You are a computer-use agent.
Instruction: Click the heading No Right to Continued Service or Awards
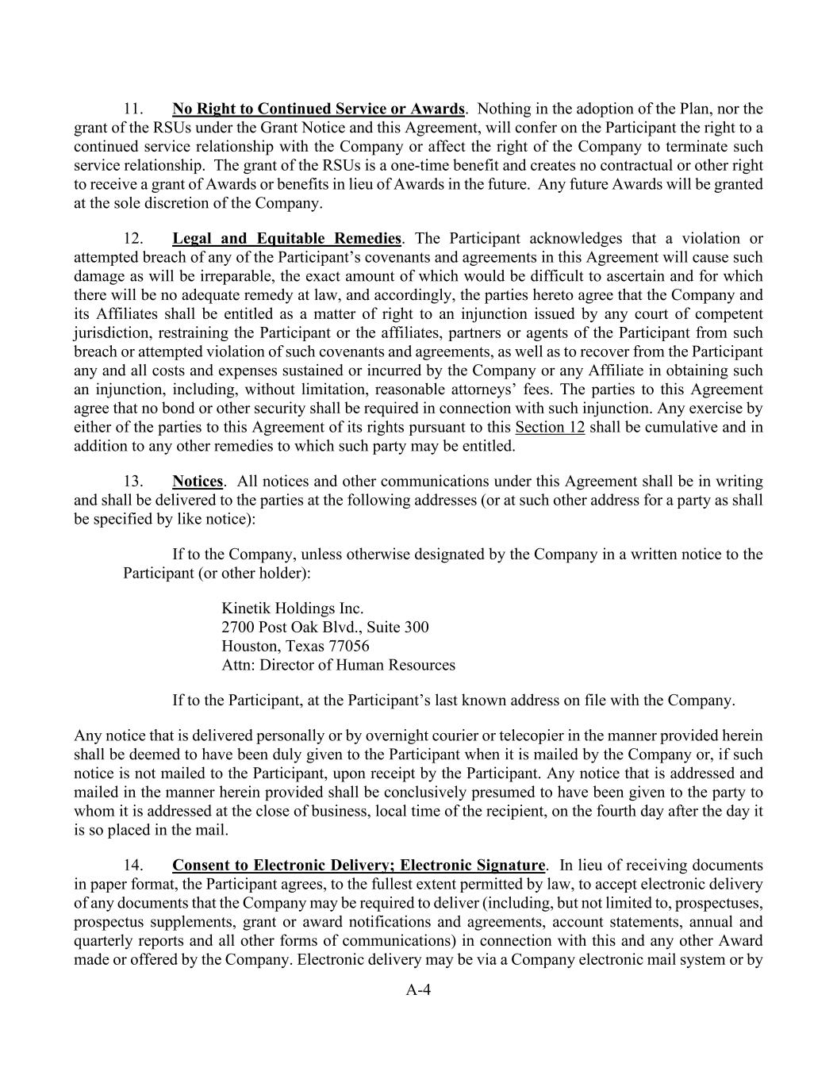(x=318, y=109)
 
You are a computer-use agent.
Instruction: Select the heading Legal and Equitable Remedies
(x=286, y=239)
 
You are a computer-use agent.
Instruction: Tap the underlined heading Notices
(x=198, y=482)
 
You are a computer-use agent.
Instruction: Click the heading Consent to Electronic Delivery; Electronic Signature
(x=359, y=866)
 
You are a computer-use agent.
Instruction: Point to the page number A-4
(x=418, y=989)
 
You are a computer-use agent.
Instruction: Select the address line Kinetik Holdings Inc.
(x=292, y=609)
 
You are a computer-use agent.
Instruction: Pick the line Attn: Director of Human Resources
(x=338, y=666)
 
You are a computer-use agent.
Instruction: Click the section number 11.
(x=132, y=109)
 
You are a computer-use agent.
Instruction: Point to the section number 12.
(x=132, y=239)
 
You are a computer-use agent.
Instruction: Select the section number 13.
(x=132, y=482)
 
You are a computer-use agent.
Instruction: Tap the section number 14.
(x=132, y=866)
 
